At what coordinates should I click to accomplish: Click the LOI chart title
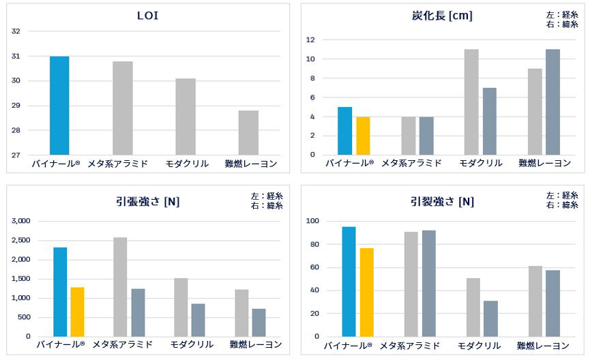(147, 16)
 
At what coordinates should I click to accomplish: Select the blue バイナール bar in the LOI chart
(59, 106)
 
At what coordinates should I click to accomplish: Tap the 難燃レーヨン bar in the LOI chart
(248, 132)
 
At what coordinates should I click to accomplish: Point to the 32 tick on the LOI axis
(16, 31)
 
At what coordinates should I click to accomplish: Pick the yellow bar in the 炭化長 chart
(362, 136)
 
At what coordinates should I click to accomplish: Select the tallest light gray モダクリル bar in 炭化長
(471, 102)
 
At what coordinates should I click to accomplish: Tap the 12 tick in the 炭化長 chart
(310, 40)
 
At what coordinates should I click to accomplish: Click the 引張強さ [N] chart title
(147, 201)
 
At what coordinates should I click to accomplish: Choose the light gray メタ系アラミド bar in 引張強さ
(119, 286)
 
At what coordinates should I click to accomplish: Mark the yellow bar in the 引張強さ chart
(77, 312)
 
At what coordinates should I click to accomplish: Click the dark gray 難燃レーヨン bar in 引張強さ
(259, 322)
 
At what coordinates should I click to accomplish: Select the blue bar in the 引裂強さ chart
(349, 282)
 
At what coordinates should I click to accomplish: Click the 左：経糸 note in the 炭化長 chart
(561, 14)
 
